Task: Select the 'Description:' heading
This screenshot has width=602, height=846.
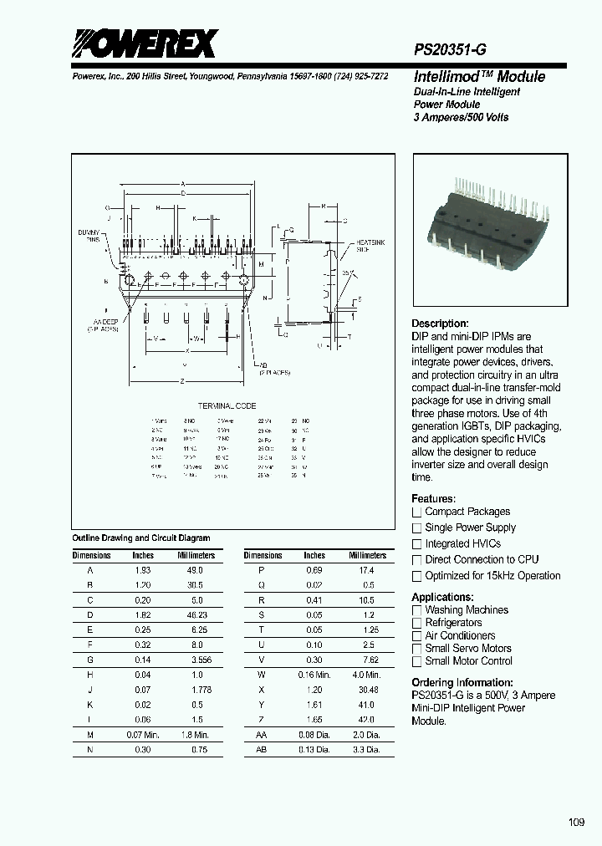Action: pos(440,324)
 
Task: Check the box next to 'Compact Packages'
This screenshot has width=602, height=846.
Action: pos(416,512)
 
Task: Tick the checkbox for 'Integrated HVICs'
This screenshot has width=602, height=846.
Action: pos(416,543)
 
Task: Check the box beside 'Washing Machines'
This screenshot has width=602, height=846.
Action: pos(416,610)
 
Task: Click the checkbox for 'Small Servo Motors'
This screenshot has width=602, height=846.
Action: pos(416,649)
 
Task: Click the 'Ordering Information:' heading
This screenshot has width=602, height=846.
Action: pos(462,682)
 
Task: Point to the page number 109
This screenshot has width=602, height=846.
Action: pos(576,823)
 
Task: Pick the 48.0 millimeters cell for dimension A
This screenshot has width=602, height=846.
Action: pos(195,569)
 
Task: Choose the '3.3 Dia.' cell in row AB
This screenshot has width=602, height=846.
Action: pos(367,750)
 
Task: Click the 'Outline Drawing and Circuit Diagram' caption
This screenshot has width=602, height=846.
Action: pos(141,538)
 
